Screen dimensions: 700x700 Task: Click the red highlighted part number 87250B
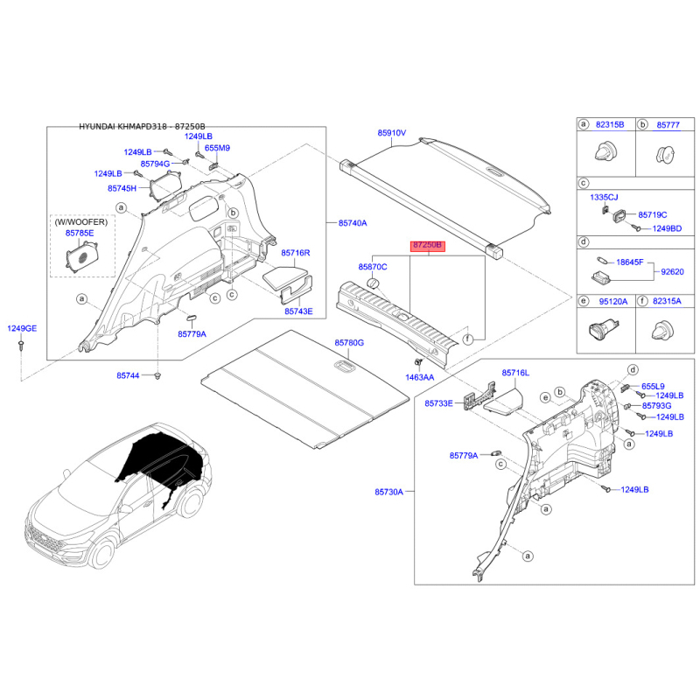[x=430, y=248]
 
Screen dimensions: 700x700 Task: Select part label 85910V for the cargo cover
[x=392, y=133]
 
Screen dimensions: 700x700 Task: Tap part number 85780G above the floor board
[x=348, y=342]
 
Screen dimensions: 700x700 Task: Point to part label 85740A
[x=353, y=223]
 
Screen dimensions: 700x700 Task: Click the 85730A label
[x=389, y=493]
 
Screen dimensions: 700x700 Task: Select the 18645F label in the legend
[x=629, y=262]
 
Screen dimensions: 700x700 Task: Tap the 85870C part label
[x=373, y=265]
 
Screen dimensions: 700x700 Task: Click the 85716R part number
[x=296, y=253]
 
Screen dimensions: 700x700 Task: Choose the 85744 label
[x=129, y=375]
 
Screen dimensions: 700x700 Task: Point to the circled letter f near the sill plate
[x=467, y=339]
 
